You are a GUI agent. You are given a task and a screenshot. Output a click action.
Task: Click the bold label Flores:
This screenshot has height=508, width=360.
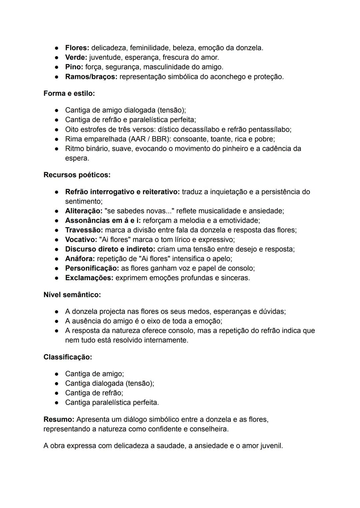(77, 48)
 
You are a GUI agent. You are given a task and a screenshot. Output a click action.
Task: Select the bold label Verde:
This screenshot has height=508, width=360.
(76, 58)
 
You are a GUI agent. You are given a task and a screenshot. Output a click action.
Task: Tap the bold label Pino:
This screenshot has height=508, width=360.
(74, 67)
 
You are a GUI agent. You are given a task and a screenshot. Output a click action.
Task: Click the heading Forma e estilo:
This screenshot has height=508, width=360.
(69, 94)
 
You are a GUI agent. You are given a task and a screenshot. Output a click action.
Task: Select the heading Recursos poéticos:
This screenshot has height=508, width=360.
(77, 175)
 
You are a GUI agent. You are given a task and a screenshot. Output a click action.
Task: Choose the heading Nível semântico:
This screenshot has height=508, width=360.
(72, 295)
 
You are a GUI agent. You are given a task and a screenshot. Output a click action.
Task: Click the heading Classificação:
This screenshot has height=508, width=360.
(68, 357)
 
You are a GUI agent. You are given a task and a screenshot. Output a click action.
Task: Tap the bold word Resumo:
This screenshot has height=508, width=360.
(59, 419)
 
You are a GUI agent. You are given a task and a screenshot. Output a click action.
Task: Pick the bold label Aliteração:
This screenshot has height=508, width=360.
(84, 211)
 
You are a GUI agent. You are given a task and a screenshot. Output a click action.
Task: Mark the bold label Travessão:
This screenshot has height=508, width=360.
(84, 230)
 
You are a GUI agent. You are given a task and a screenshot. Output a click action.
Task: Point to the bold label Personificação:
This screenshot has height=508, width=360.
(92, 268)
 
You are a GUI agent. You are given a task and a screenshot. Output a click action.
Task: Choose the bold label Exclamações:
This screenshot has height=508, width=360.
(89, 278)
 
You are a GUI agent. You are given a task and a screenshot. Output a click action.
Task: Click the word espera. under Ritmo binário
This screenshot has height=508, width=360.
(77, 159)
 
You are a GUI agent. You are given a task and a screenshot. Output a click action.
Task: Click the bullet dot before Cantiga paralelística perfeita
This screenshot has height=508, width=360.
(57, 403)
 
